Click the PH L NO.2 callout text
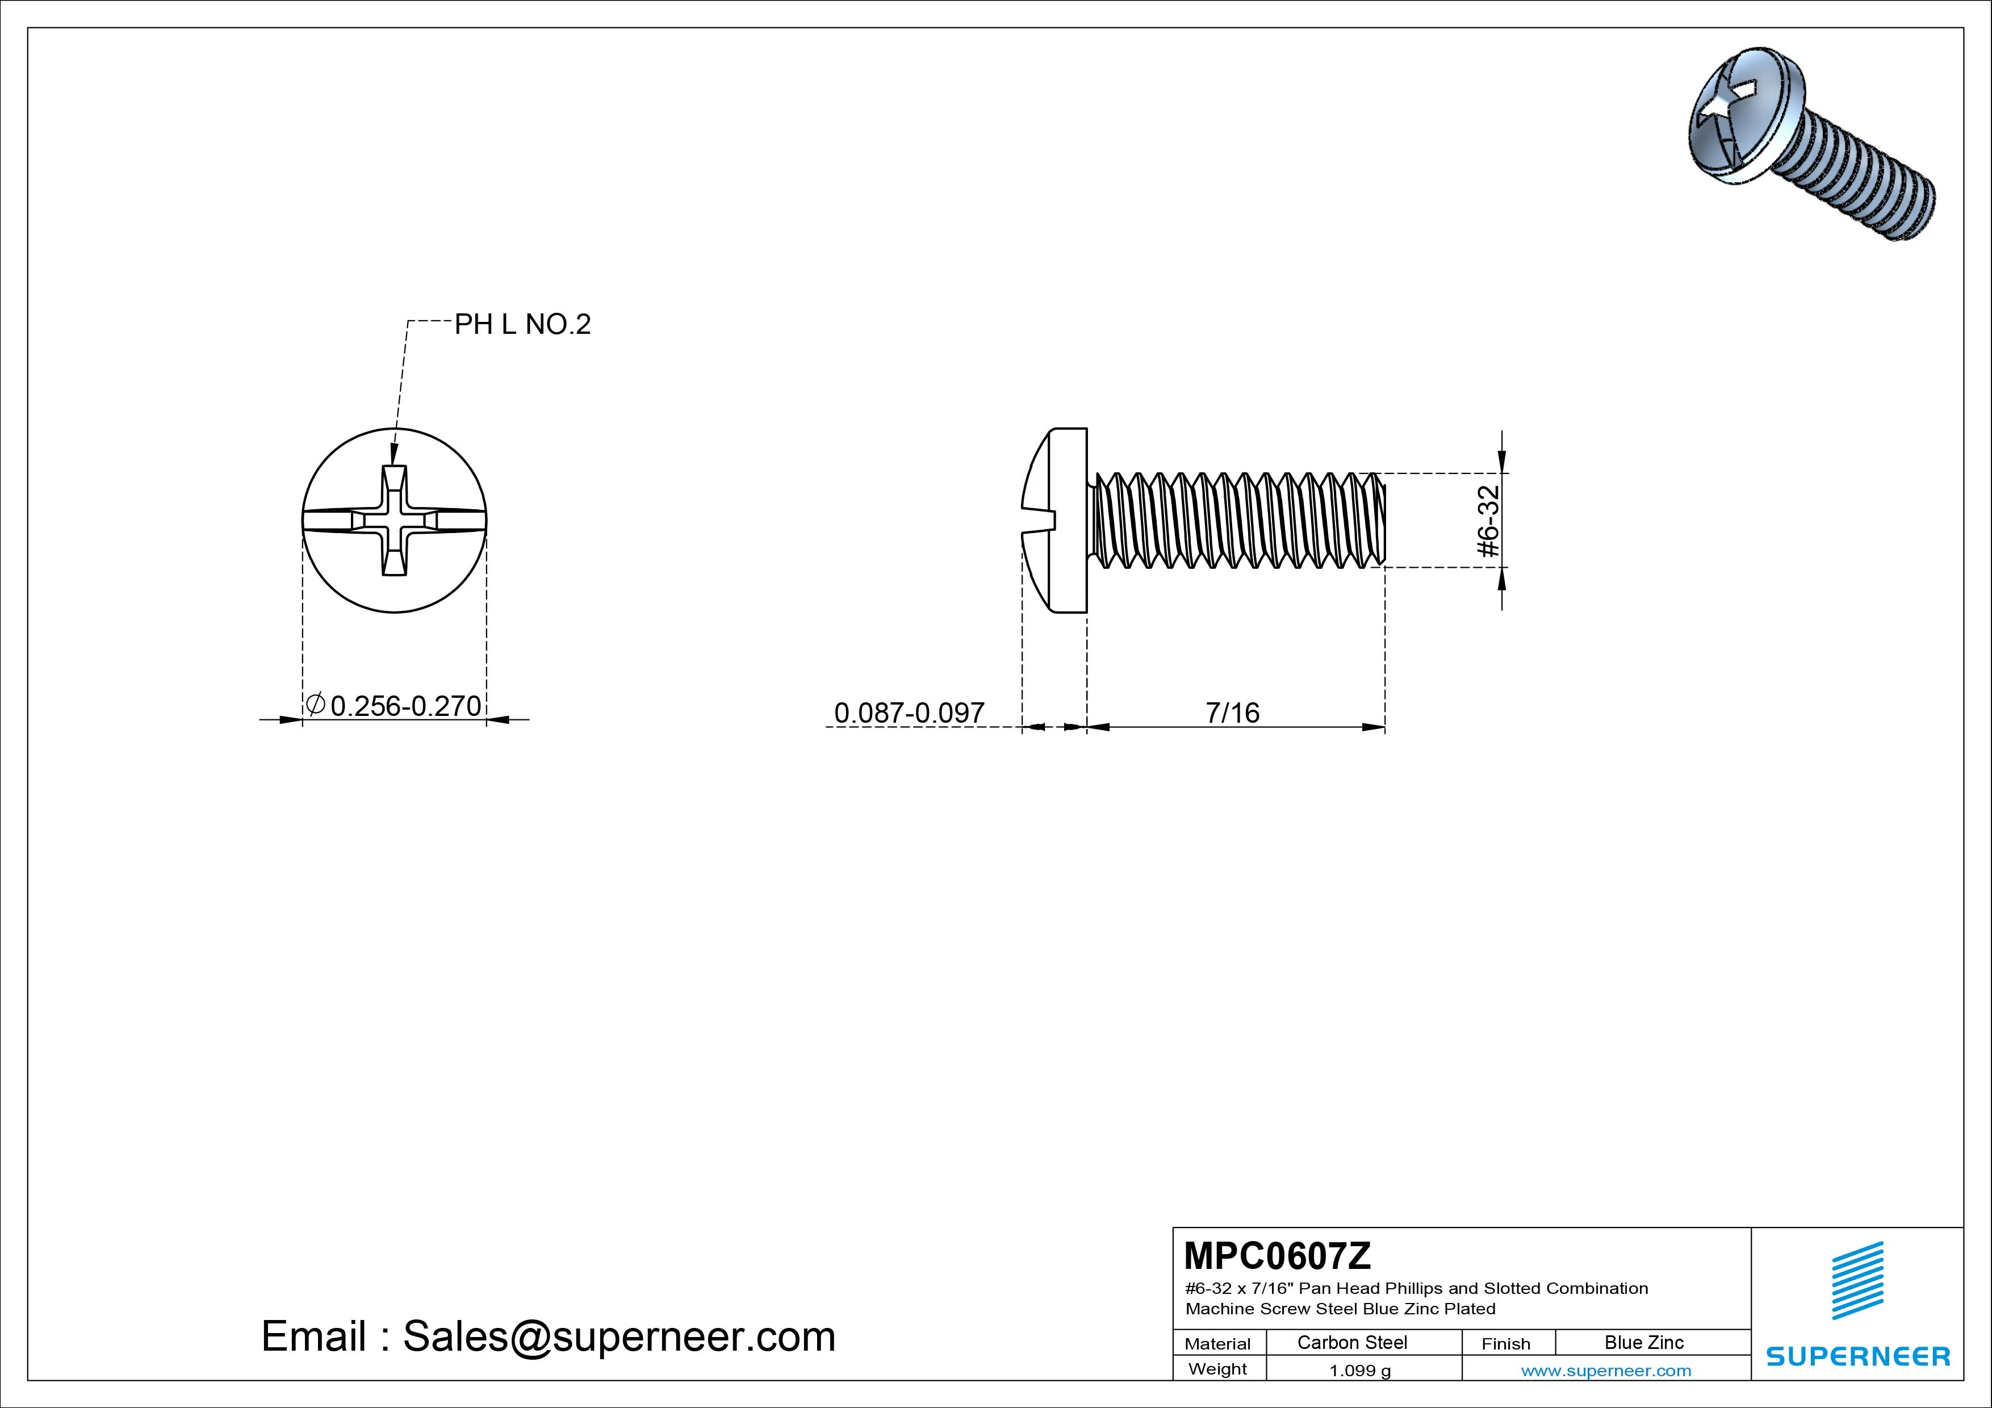(x=522, y=324)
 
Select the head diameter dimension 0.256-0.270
(x=405, y=706)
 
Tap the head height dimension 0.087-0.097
(x=909, y=713)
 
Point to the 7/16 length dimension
(x=1232, y=713)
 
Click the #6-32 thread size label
(x=1488, y=521)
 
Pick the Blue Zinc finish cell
(x=1644, y=1343)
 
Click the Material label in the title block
(x=1217, y=1344)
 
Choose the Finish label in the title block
(x=1505, y=1344)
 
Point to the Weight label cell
(x=1217, y=1369)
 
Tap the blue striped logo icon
(x=1857, y=1280)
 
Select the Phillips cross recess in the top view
(x=395, y=521)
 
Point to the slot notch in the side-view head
(x=1039, y=521)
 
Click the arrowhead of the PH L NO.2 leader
(x=394, y=455)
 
